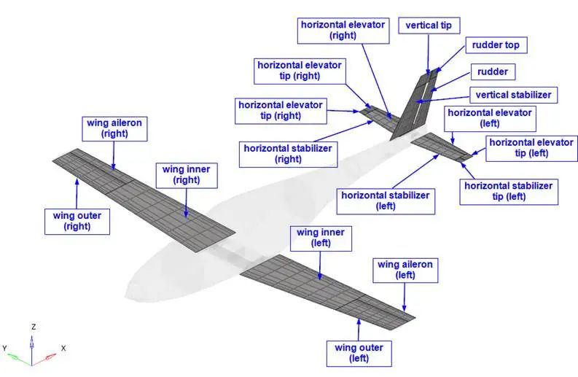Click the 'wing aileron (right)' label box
tap(114, 128)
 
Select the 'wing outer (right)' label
tap(77, 219)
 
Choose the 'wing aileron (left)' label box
tap(405, 270)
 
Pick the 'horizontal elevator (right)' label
tap(342, 30)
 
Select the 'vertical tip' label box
tap(429, 26)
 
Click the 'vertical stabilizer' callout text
tap(514, 95)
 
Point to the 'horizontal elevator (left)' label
tap(490, 118)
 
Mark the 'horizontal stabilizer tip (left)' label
tap(508, 192)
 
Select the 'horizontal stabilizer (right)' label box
tap(288, 154)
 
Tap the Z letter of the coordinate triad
tap(33, 326)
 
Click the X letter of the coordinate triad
tap(63, 348)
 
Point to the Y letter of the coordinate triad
tap(5, 348)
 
